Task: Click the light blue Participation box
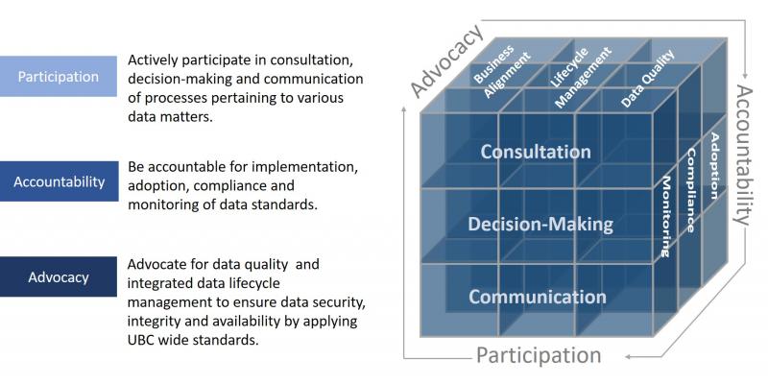(x=60, y=77)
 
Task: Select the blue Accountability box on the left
(x=60, y=181)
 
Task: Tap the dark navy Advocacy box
(x=60, y=277)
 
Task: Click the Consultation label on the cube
(x=536, y=152)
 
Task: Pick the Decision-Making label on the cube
(x=540, y=225)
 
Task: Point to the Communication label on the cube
(x=537, y=297)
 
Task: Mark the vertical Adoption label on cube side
(x=714, y=165)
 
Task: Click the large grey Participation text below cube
(x=539, y=356)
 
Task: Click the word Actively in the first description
(x=157, y=61)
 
